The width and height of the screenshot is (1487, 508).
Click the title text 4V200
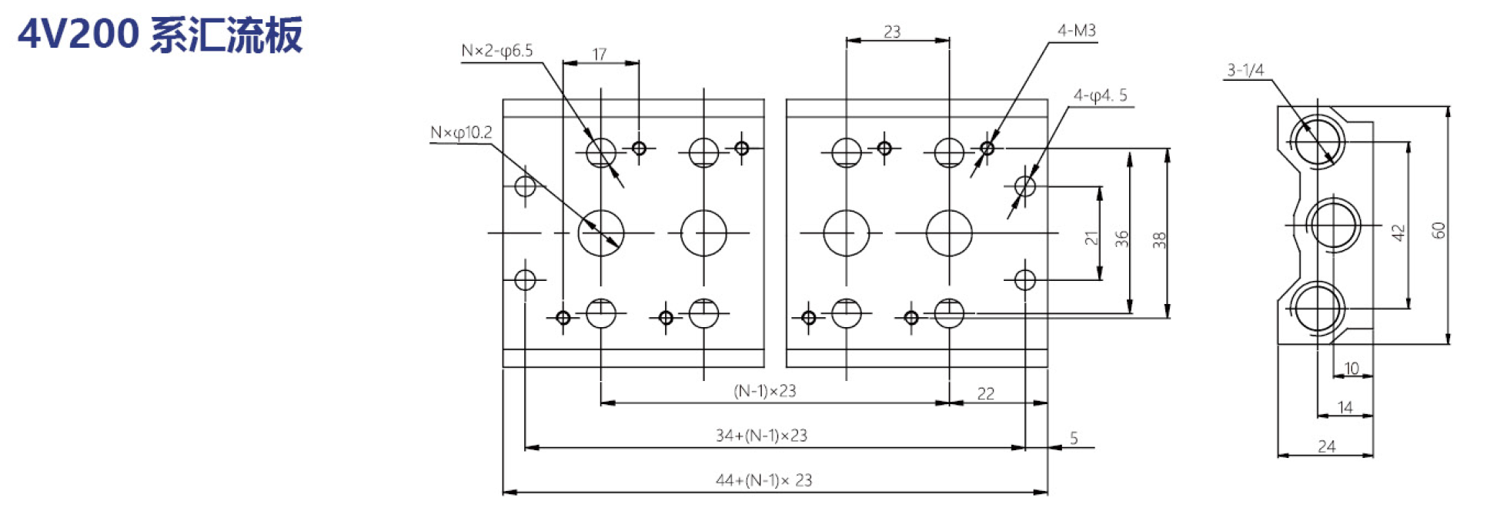click(x=79, y=35)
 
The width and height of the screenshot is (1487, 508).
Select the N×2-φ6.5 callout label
click(x=497, y=51)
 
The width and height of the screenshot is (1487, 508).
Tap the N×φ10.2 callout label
click(x=461, y=132)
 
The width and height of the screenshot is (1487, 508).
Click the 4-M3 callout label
click(x=1077, y=31)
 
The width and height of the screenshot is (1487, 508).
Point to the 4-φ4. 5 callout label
click(x=1101, y=95)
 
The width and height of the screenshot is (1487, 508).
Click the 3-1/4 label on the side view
click(x=1245, y=70)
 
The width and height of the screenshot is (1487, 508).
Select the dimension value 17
click(x=600, y=54)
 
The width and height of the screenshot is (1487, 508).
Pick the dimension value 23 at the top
click(x=892, y=32)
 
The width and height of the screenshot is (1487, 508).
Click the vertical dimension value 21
click(x=1091, y=239)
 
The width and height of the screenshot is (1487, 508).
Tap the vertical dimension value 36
click(x=1121, y=239)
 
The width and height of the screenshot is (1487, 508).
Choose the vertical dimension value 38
click(x=1160, y=240)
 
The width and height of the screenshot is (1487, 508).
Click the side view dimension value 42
click(x=1398, y=232)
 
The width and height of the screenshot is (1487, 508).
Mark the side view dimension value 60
click(x=1439, y=230)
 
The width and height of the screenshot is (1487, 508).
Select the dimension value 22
click(x=986, y=394)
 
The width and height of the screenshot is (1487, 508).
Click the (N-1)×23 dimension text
click(x=765, y=391)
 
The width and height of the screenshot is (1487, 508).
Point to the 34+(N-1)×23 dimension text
click(x=761, y=436)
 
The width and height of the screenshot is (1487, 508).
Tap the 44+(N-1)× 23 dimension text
click(x=764, y=480)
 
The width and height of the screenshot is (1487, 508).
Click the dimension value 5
click(x=1074, y=439)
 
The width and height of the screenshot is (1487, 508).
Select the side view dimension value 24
click(x=1326, y=446)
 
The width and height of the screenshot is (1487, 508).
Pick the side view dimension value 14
click(x=1345, y=407)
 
